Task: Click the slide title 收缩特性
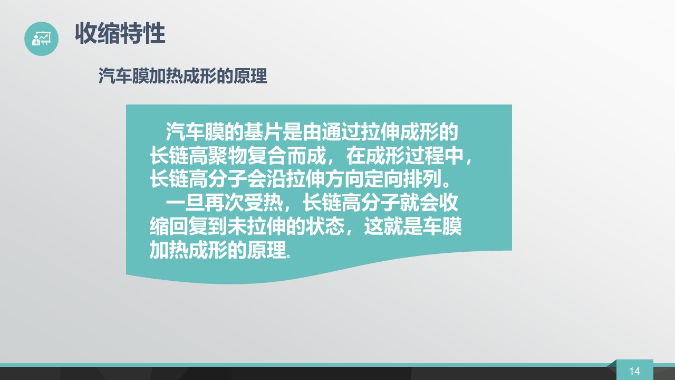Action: (120, 33)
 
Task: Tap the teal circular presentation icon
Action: (41, 39)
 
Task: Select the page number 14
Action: (634, 371)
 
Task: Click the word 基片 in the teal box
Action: (263, 132)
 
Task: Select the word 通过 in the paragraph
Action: (341, 132)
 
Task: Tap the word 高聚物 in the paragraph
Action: (218, 156)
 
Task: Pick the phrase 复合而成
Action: (286, 156)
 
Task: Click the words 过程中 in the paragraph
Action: (434, 156)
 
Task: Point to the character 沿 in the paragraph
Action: (276, 179)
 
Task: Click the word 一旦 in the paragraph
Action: (185, 203)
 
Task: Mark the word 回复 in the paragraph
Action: (188, 226)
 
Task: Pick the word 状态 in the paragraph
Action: (325, 226)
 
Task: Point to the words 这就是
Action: (393, 226)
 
